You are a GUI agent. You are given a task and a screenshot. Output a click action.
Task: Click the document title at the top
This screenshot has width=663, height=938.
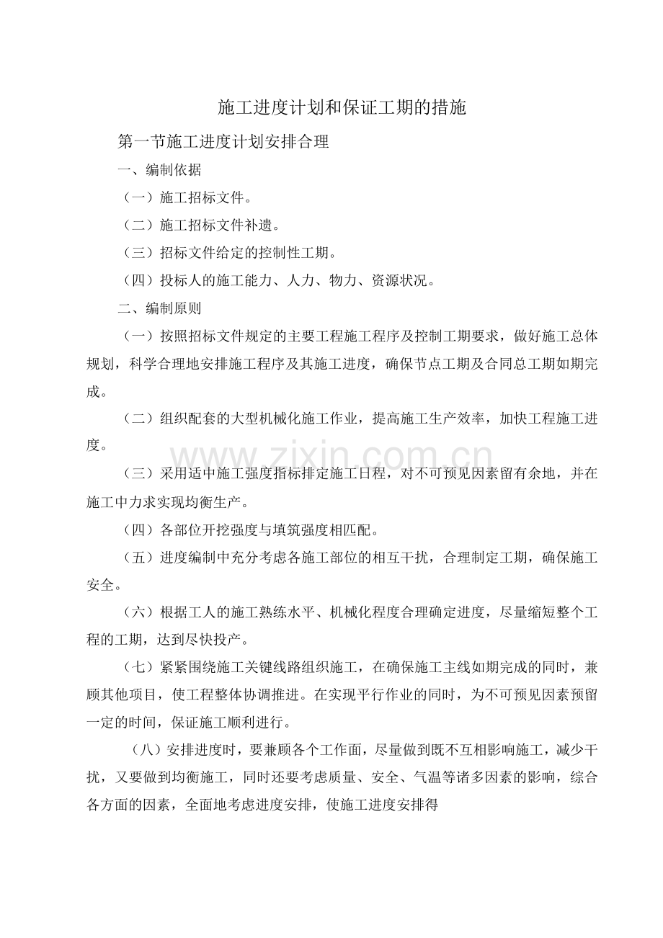pos(342,108)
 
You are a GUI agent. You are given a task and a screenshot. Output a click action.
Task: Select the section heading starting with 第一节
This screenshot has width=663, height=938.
pos(223,143)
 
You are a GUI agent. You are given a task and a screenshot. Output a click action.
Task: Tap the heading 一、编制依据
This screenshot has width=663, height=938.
pos(159,171)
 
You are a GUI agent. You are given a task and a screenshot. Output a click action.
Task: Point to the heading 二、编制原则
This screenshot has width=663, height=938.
pos(159,308)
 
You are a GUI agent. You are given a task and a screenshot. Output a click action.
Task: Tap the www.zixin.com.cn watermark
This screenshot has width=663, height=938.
pos(331,456)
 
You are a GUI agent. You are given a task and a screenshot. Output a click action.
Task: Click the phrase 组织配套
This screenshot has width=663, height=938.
pos(187,419)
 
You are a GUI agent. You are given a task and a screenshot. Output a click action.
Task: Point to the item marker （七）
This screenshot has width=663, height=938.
pos(139,668)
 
